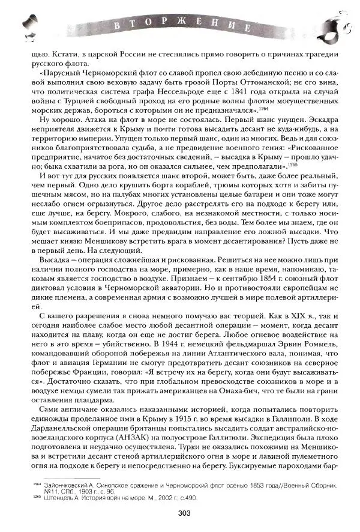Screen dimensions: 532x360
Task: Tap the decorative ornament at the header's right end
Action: [x=329, y=27]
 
